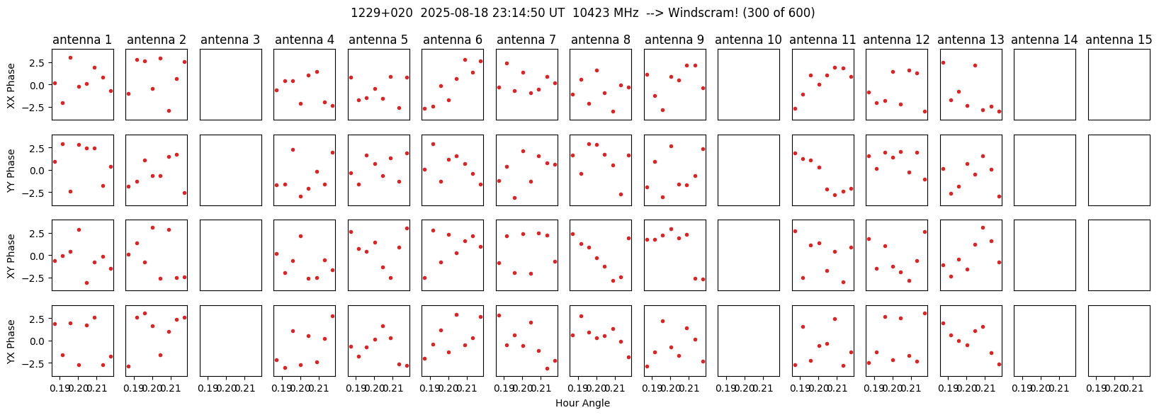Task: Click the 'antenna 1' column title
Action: coord(82,40)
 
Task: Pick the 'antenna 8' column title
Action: coord(601,40)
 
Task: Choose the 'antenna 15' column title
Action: coord(1119,40)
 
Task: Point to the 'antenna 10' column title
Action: coord(748,40)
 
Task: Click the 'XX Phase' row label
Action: coord(11,85)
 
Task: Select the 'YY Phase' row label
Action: coord(11,171)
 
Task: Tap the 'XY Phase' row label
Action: coord(11,256)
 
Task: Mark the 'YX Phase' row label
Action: coord(11,341)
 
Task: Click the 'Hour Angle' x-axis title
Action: coord(582,403)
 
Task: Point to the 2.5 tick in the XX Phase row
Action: coord(40,62)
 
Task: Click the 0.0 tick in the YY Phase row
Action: coord(40,170)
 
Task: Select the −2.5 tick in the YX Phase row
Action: coord(38,364)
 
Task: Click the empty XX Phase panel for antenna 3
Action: coord(231,84)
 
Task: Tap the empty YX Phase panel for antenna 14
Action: coord(1045,341)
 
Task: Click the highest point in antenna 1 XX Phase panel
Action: coord(70,58)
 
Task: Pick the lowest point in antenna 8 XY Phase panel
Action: coord(613,280)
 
